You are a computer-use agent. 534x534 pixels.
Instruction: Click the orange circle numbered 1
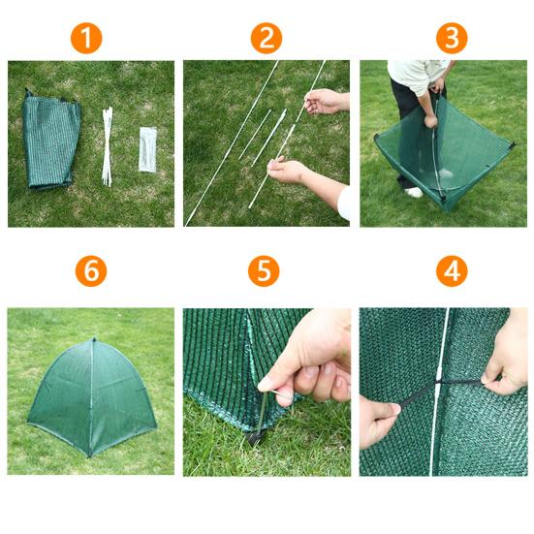click(86, 38)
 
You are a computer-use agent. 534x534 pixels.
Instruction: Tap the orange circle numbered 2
click(267, 38)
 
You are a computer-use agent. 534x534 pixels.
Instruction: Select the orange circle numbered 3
click(452, 38)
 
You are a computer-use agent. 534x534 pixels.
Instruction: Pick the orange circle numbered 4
click(452, 271)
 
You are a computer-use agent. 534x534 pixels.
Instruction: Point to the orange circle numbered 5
click(264, 271)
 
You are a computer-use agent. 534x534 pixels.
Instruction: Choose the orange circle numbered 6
click(91, 271)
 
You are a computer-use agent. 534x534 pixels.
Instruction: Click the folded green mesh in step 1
click(51, 140)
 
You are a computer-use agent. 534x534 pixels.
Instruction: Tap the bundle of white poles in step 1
click(108, 146)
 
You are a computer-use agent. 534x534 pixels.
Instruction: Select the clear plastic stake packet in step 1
click(148, 149)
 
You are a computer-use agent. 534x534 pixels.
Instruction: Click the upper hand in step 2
click(326, 101)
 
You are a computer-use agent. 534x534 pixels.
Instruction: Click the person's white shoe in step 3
click(415, 193)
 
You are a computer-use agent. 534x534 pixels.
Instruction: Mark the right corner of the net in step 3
click(512, 145)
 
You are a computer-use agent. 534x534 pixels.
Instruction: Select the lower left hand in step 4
click(378, 422)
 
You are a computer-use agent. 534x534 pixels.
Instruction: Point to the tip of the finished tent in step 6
click(94, 339)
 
